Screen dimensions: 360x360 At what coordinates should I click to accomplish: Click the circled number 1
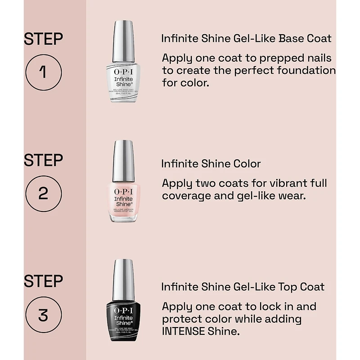[43, 72]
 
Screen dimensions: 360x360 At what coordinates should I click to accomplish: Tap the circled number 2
[43, 193]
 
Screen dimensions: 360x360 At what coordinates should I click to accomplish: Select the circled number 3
[43, 315]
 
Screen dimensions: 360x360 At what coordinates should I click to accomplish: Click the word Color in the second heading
[245, 164]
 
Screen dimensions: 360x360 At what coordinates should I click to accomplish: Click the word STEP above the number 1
[43, 39]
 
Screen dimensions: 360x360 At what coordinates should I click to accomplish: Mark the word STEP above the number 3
[43, 281]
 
